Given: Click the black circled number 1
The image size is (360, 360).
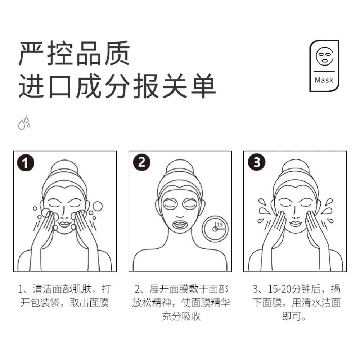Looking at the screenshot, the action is click(x=26, y=163).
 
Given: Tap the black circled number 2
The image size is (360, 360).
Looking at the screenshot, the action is click(x=142, y=163).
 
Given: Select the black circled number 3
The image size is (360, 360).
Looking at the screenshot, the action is click(x=257, y=162).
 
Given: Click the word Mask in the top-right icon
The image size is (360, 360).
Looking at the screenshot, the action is click(x=324, y=80).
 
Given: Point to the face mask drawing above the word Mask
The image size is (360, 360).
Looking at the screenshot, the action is click(x=324, y=56).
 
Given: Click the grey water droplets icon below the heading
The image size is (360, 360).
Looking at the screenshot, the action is click(x=24, y=123).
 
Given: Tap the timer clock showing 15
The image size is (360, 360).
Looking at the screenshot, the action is click(x=215, y=229).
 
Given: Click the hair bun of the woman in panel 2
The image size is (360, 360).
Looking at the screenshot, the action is click(x=180, y=167).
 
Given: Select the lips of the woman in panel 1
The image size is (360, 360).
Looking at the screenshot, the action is click(x=64, y=224).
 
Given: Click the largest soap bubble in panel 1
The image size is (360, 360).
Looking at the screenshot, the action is click(x=98, y=206).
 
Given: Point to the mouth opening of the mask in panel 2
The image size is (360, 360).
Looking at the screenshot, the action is click(x=180, y=224).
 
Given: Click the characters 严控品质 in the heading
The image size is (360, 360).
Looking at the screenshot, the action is click(x=74, y=53).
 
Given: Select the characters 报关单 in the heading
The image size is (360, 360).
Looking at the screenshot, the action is click(x=175, y=86).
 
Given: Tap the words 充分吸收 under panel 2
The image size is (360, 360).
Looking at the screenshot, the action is click(x=181, y=316).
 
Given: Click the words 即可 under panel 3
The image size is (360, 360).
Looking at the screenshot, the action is click(x=292, y=316).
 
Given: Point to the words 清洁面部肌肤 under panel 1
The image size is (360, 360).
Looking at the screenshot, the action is click(x=62, y=289).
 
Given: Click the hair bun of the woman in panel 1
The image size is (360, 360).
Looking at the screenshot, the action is click(x=65, y=167).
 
